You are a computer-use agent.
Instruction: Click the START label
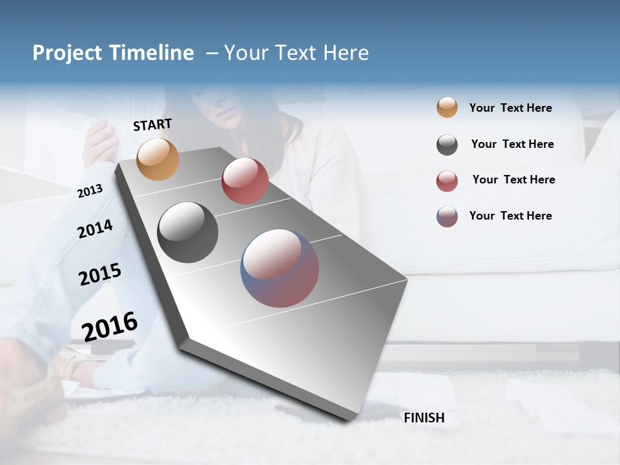click(152, 125)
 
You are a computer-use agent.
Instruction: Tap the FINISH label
click(424, 418)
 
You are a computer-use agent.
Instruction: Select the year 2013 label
click(90, 191)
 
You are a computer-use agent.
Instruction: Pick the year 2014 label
click(95, 229)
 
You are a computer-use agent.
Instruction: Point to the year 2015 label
click(100, 274)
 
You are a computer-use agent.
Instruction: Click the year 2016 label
click(110, 326)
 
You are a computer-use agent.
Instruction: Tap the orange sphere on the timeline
click(158, 159)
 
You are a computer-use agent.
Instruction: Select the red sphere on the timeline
click(245, 181)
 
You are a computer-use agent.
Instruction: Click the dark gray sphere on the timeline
click(187, 232)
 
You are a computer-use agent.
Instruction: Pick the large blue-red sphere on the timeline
click(280, 268)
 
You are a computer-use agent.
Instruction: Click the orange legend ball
click(447, 108)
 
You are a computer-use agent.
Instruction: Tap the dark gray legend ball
click(447, 145)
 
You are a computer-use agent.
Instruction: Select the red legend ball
click(447, 181)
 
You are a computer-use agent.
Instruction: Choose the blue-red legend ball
click(447, 216)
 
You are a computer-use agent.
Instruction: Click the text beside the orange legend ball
click(510, 108)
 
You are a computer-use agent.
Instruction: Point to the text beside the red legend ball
click(513, 180)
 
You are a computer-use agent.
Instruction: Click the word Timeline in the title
click(151, 53)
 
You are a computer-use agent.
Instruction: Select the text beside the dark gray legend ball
click(512, 144)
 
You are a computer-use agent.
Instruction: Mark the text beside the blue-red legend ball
click(510, 216)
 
